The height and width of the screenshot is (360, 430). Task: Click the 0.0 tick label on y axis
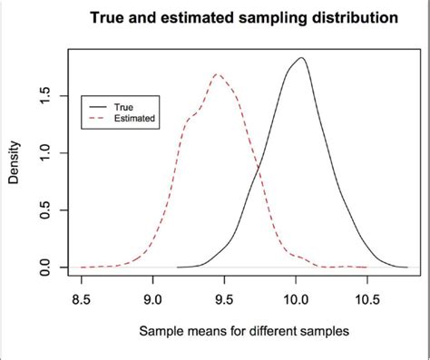click(43, 268)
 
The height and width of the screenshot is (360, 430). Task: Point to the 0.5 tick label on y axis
click(43, 210)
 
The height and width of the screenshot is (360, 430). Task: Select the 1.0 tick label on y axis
click(43, 153)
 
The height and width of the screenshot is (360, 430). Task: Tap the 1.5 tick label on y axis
click(43, 96)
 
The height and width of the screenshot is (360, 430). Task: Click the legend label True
click(123, 105)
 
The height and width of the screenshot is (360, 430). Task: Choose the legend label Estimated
click(133, 117)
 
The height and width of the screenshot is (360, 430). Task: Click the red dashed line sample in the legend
click(98, 117)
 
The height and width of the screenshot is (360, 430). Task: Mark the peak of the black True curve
click(301, 58)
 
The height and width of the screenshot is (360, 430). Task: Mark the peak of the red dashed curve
click(217, 74)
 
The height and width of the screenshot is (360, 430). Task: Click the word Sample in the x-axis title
click(161, 331)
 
